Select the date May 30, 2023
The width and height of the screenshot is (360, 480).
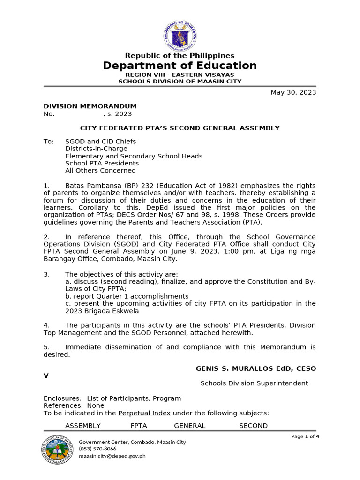click(293, 92)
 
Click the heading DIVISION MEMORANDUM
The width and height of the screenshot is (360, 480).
click(90, 106)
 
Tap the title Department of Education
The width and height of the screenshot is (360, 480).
click(180, 66)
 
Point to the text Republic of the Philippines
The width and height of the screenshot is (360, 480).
click(180, 56)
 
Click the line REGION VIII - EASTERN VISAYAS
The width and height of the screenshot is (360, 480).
click(180, 75)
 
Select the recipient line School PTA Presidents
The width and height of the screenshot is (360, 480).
click(102, 164)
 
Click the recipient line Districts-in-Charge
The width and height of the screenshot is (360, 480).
click(96, 149)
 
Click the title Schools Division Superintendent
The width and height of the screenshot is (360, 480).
click(254, 383)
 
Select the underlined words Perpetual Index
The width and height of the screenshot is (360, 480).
click(144, 413)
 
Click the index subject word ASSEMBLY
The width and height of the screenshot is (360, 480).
click(83, 426)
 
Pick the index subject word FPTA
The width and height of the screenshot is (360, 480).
click(139, 426)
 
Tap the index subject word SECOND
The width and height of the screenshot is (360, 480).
click(254, 426)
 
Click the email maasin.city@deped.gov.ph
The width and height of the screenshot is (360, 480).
click(112, 456)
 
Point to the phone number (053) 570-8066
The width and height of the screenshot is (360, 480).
click(97, 449)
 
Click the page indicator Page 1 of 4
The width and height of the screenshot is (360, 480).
click(305, 436)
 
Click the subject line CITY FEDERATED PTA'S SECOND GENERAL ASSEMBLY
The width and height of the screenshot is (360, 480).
click(180, 128)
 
